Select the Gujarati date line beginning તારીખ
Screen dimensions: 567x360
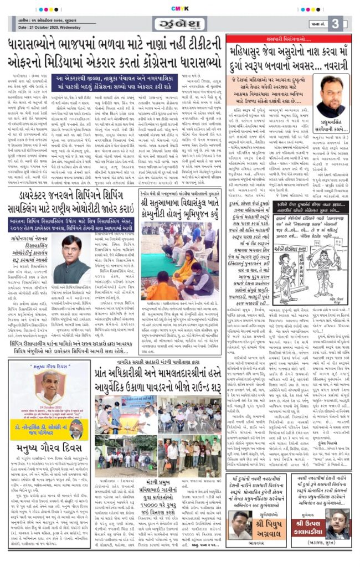pyautogui.click(x=50, y=20)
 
